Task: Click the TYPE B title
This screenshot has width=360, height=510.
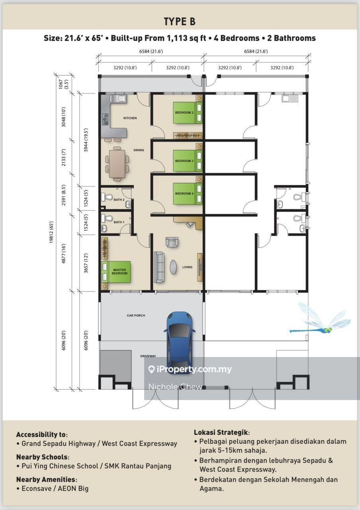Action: click(x=180, y=22)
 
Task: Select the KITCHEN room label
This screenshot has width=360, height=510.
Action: click(x=130, y=118)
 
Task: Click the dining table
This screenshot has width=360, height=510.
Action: click(x=117, y=164)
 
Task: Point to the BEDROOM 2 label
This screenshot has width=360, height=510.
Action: click(x=184, y=112)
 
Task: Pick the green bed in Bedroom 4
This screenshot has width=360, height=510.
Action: click(x=188, y=194)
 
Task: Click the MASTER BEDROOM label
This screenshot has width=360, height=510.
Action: click(x=119, y=271)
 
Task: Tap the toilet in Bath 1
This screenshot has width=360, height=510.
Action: click(x=107, y=218)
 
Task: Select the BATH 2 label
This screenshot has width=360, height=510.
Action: click(x=119, y=200)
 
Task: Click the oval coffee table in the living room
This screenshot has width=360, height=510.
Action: click(x=173, y=267)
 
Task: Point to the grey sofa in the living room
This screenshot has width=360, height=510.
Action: click(x=159, y=267)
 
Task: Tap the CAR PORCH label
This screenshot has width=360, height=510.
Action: click(x=136, y=315)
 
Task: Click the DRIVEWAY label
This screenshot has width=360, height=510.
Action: click(x=148, y=356)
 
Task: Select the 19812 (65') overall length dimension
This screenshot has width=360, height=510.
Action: click(x=51, y=232)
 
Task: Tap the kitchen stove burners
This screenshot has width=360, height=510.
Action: click(x=106, y=119)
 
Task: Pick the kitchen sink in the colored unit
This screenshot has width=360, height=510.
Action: click(x=118, y=98)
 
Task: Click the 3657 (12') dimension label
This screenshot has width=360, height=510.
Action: click(x=86, y=263)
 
